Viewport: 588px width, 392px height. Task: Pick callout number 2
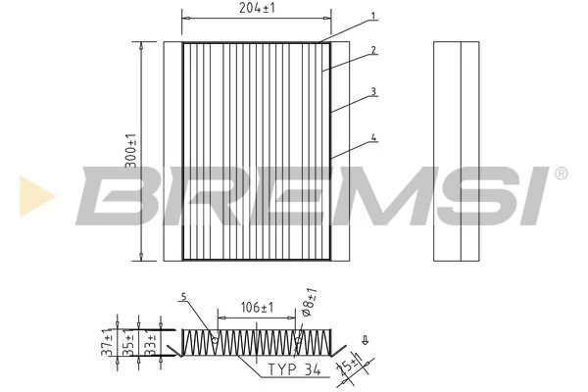coord(374,50)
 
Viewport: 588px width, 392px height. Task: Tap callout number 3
coord(374,92)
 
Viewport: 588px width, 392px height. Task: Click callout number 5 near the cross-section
coord(183,297)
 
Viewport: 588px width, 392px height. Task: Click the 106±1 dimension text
coord(257,307)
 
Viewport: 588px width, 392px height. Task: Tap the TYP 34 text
coord(293,371)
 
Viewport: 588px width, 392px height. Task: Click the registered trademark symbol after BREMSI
coord(561,173)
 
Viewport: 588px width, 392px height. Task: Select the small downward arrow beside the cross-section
coord(365,342)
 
